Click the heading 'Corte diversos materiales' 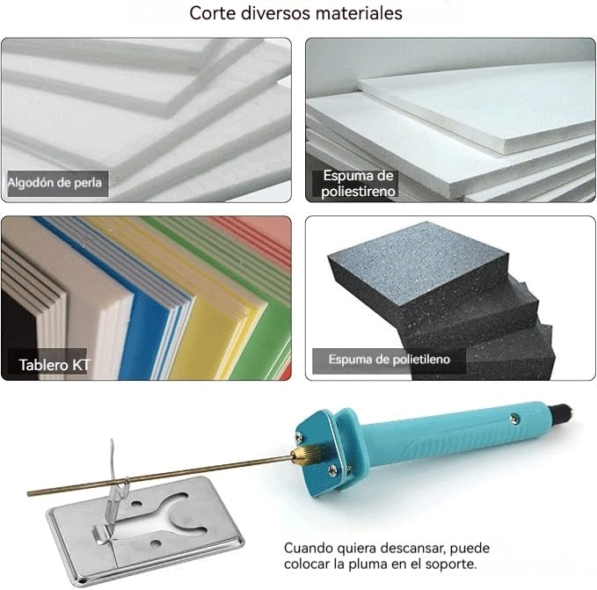pyautogui.click(x=296, y=14)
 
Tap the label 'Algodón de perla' pyautogui.click(x=55, y=184)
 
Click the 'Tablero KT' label pyautogui.click(x=55, y=363)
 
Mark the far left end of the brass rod pyautogui.click(x=31, y=492)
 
